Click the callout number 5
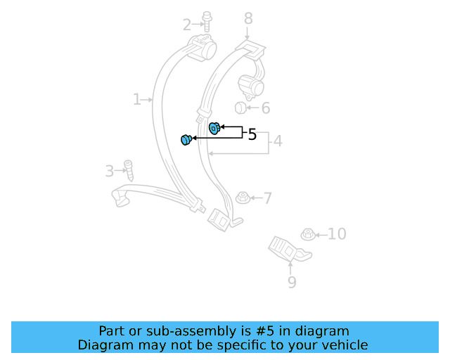pos(252,134)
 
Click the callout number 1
pos(136,100)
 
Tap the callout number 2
pos(187,25)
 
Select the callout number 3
pos(109,171)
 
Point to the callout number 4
pos(278,141)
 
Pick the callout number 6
pos(266,108)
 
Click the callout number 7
pos(267,198)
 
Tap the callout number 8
pos(247,18)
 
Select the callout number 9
pos(292,283)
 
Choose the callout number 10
pos(337,233)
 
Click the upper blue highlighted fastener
pos(214,127)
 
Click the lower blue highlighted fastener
pos(186,140)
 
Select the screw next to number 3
pos(128,170)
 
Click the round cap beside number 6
pos(239,108)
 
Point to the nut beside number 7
pos(243,197)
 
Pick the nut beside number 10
pos(307,234)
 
